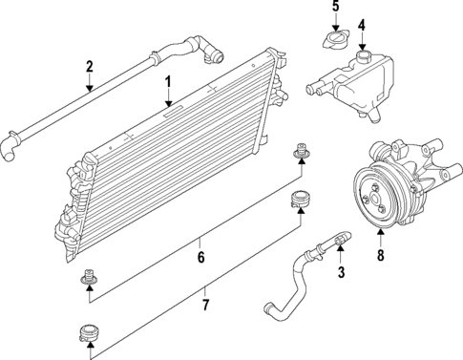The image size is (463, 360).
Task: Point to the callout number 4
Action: click(361, 24)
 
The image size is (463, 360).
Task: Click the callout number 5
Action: click(335, 8)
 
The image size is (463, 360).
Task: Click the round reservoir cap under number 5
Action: click(335, 42)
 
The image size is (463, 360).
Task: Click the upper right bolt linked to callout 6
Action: click(301, 151)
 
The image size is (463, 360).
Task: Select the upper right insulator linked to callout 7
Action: click(300, 200)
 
